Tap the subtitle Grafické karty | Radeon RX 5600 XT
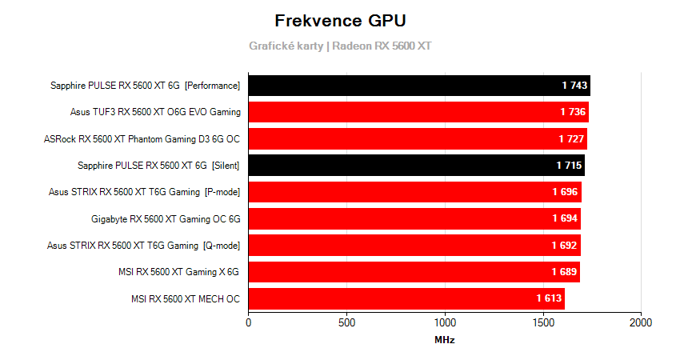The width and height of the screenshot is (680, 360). tap(340, 46)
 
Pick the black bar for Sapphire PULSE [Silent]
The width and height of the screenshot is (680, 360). tap(416, 166)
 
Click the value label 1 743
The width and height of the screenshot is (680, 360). tap(574, 86)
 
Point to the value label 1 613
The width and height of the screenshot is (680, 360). tap(549, 299)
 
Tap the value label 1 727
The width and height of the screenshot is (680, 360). tap(571, 139)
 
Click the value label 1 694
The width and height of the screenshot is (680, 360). tap(564, 218)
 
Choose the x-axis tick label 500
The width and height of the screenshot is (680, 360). tap(346, 322)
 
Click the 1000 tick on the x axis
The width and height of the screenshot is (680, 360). tap(445, 322)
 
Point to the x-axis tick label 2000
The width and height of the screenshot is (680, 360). tap(641, 322)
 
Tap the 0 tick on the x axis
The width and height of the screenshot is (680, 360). tap(249, 322)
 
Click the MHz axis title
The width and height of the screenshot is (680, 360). tap(445, 340)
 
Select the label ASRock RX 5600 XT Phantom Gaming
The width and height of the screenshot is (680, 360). tap(142, 139)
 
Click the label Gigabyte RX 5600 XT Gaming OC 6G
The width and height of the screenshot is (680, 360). tap(166, 218)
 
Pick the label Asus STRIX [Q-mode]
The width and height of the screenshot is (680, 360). tap(144, 246)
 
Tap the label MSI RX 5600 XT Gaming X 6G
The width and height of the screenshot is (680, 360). tap(178, 272)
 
